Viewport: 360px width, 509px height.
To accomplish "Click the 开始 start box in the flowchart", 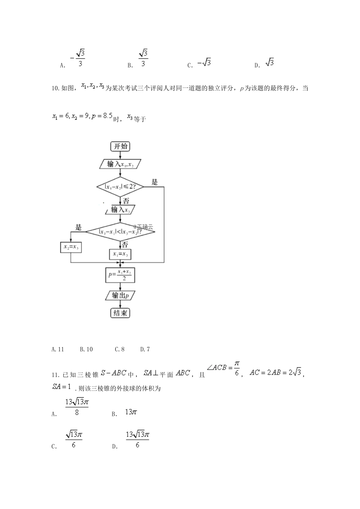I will (120, 147).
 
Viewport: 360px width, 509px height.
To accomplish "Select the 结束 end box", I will (120, 313).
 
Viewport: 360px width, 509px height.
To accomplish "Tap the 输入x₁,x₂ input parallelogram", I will (120, 164).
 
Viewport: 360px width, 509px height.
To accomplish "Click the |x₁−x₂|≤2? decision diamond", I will (120, 186).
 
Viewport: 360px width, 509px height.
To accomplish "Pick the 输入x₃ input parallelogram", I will (120, 210).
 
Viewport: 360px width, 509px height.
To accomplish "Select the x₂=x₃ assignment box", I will (71, 247).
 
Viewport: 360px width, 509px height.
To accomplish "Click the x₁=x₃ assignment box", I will (120, 254).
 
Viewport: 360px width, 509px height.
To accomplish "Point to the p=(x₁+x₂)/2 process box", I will (120, 275).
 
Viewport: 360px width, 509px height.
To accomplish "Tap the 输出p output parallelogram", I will (120, 295).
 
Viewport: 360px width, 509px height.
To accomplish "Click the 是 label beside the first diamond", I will (155, 182).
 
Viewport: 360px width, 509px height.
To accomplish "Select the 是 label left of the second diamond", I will (78, 227).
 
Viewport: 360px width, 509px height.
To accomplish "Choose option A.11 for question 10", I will (58, 349).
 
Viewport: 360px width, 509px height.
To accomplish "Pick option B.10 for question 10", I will (86, 349).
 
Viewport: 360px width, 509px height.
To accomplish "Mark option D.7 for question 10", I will (145, 349).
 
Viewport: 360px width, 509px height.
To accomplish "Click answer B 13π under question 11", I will (130, 412).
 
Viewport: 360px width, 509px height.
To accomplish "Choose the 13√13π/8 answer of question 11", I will (77, 406).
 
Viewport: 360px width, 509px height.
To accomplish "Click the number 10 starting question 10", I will (54, 89).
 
